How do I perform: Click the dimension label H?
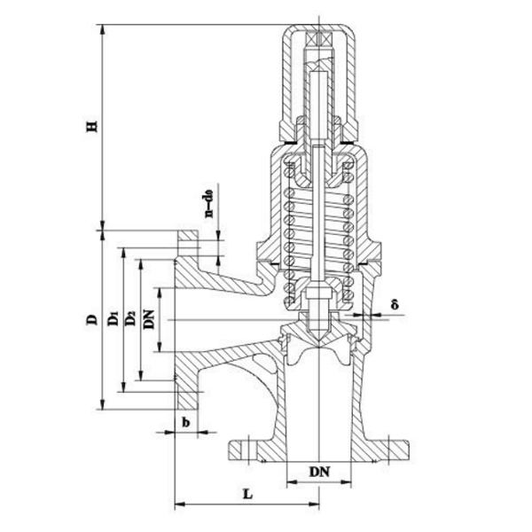pos(90,127)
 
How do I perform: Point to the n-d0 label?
pos(210,200)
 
